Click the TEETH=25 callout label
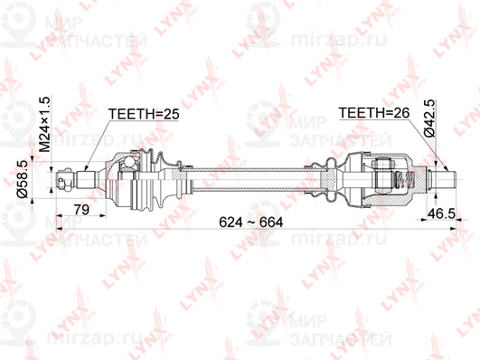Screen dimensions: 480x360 144,114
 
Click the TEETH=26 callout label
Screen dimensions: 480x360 373,113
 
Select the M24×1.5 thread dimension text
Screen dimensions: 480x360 44,124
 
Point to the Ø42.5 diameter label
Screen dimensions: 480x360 429,118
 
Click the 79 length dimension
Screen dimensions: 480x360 81,210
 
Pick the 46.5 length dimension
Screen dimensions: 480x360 441,213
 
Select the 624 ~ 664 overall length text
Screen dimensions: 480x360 251,223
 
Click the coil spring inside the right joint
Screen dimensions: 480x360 404,179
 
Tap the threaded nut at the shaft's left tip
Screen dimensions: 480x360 66,179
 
